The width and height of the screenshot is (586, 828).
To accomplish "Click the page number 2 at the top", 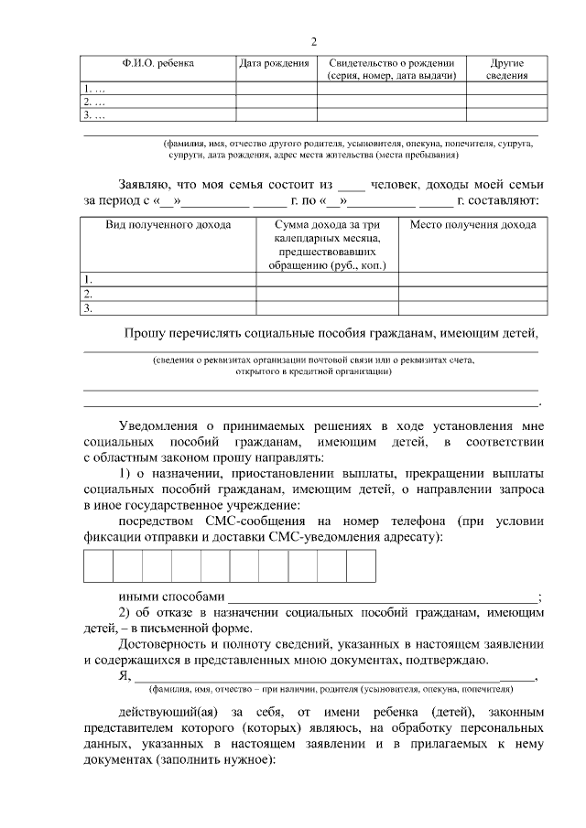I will (314, 41).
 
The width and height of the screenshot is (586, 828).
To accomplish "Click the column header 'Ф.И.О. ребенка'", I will (157, 63).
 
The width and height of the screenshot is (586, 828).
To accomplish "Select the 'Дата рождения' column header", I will (277, 63).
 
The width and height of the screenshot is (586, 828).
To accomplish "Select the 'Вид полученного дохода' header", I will (168, 224).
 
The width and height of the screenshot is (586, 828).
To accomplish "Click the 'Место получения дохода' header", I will (472, 224).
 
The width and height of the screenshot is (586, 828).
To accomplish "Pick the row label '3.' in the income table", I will (89, 308).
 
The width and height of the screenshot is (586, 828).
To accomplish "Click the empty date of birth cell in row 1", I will (277, 89).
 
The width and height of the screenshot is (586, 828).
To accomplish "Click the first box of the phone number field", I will (99, 566).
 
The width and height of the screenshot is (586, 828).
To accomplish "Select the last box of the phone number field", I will (361, 566).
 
